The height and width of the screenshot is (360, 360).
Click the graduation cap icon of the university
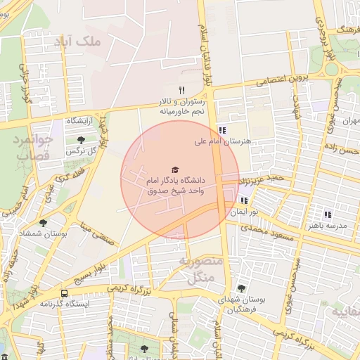tap(174, 170)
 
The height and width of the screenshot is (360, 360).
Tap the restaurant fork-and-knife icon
tap(181, 89)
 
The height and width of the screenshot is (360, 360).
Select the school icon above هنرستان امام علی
tap(222, 130)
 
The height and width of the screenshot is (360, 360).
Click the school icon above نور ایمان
tap(244, 200)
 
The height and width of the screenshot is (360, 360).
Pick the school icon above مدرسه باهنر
tap(327, 214)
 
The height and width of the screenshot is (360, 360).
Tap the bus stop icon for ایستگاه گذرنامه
tap(65, 293)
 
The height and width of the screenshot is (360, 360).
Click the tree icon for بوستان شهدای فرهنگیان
tap(241, 288)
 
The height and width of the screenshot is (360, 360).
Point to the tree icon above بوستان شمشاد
tap(44, 222)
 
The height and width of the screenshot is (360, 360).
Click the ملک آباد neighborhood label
tap(78, 41)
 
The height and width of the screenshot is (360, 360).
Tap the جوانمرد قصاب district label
tap(32, 147)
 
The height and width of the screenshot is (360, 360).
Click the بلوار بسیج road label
tap(93, 266)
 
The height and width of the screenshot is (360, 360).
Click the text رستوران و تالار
tap(181, 101)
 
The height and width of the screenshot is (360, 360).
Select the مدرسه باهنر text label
tap(327, 226)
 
